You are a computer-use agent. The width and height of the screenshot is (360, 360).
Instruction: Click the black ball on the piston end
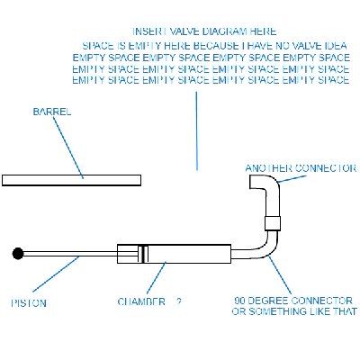tap(18, 255)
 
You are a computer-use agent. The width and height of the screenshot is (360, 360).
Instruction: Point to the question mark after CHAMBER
tap(179, 301)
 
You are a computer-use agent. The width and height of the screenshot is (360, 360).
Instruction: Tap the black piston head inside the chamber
tap(140, 254)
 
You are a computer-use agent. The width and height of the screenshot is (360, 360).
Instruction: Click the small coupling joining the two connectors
tap(271, 222)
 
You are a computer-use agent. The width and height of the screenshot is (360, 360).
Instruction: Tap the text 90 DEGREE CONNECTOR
tap(292, 300)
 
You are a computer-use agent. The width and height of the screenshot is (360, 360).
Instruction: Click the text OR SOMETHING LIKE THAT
tap(293, 312)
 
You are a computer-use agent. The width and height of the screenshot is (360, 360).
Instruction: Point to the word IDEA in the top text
tap(335, 44)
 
